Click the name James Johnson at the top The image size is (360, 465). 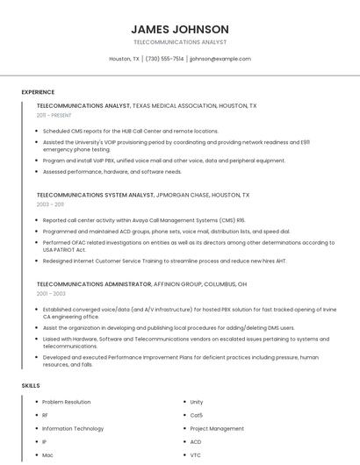(x=180, y=29)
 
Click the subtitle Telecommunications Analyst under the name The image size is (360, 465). (x=180, y=42)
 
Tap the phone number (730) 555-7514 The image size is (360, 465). (x=164, y=59)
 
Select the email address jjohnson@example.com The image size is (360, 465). (x=220, y=59)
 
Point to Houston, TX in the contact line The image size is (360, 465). (x=124, y=59)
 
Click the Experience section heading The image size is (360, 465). (x=38, y=91)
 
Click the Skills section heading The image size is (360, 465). (x=31, y=385)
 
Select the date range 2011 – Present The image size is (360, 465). (x=54, y=115)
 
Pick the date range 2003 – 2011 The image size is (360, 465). (x=49, y=204)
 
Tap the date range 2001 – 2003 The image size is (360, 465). (x=50, y=294)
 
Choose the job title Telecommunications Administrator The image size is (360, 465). (x=93, y=284)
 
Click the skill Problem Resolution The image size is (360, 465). (x=67, y=402)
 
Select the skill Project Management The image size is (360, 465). (x=217, y=429)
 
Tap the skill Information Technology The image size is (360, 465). (x=73, y=429)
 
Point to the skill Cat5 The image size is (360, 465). (x=197, y=415)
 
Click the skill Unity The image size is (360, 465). (x=197, y=402)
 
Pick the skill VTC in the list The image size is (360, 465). (x=196, y=455)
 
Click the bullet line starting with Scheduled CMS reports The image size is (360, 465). (x=131, y=131)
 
